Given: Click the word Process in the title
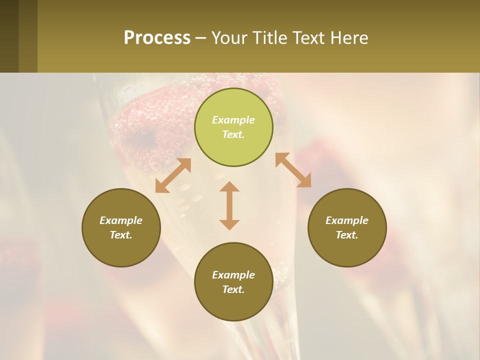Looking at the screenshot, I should point(157,38).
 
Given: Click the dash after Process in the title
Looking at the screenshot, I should point(200,38).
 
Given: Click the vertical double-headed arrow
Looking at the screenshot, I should point(229,205).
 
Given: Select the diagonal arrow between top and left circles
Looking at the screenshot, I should point(173,175).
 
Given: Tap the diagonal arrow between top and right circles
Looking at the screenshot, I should point(293,170).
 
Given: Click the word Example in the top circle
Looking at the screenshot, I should point(233,120).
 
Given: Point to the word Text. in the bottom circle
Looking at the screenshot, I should point(233,289).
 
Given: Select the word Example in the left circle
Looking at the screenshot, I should point(121,220).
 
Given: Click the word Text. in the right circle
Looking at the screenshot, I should point(347,235).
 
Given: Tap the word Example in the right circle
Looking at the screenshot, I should point(347,220).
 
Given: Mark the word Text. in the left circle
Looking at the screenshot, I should point(121,235).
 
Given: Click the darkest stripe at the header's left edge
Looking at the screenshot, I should point(9,36).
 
